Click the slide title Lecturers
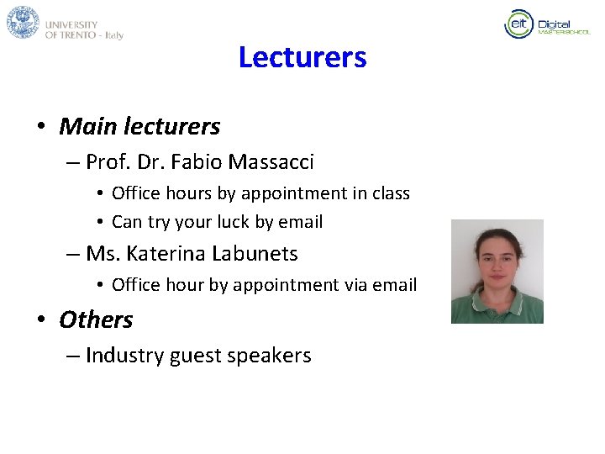[x=302, y=57]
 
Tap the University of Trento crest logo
[x=23, y=22]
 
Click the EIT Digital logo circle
[x=518, y=24]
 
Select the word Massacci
[x=271, y=161]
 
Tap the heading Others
[x=96, y=319]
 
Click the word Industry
[x=124, y=356]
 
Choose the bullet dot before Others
[x=40, y=320]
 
